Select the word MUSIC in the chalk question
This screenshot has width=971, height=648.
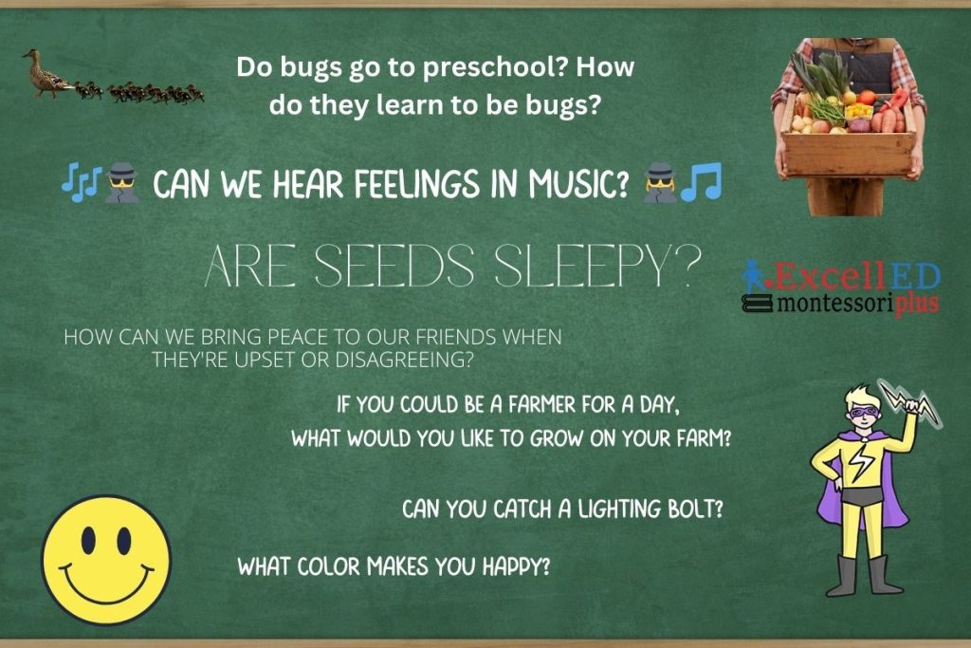coord(578,184)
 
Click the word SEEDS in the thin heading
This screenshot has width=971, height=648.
coord(395,267)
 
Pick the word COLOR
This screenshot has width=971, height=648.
coord(328,566)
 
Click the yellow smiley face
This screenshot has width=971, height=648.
coord(106,559)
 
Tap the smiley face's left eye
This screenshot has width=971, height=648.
coord(88,540)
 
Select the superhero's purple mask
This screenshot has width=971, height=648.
coord(865,411)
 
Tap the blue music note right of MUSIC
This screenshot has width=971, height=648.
coord(701,182)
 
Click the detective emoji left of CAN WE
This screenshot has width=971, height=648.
coord(122,183)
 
